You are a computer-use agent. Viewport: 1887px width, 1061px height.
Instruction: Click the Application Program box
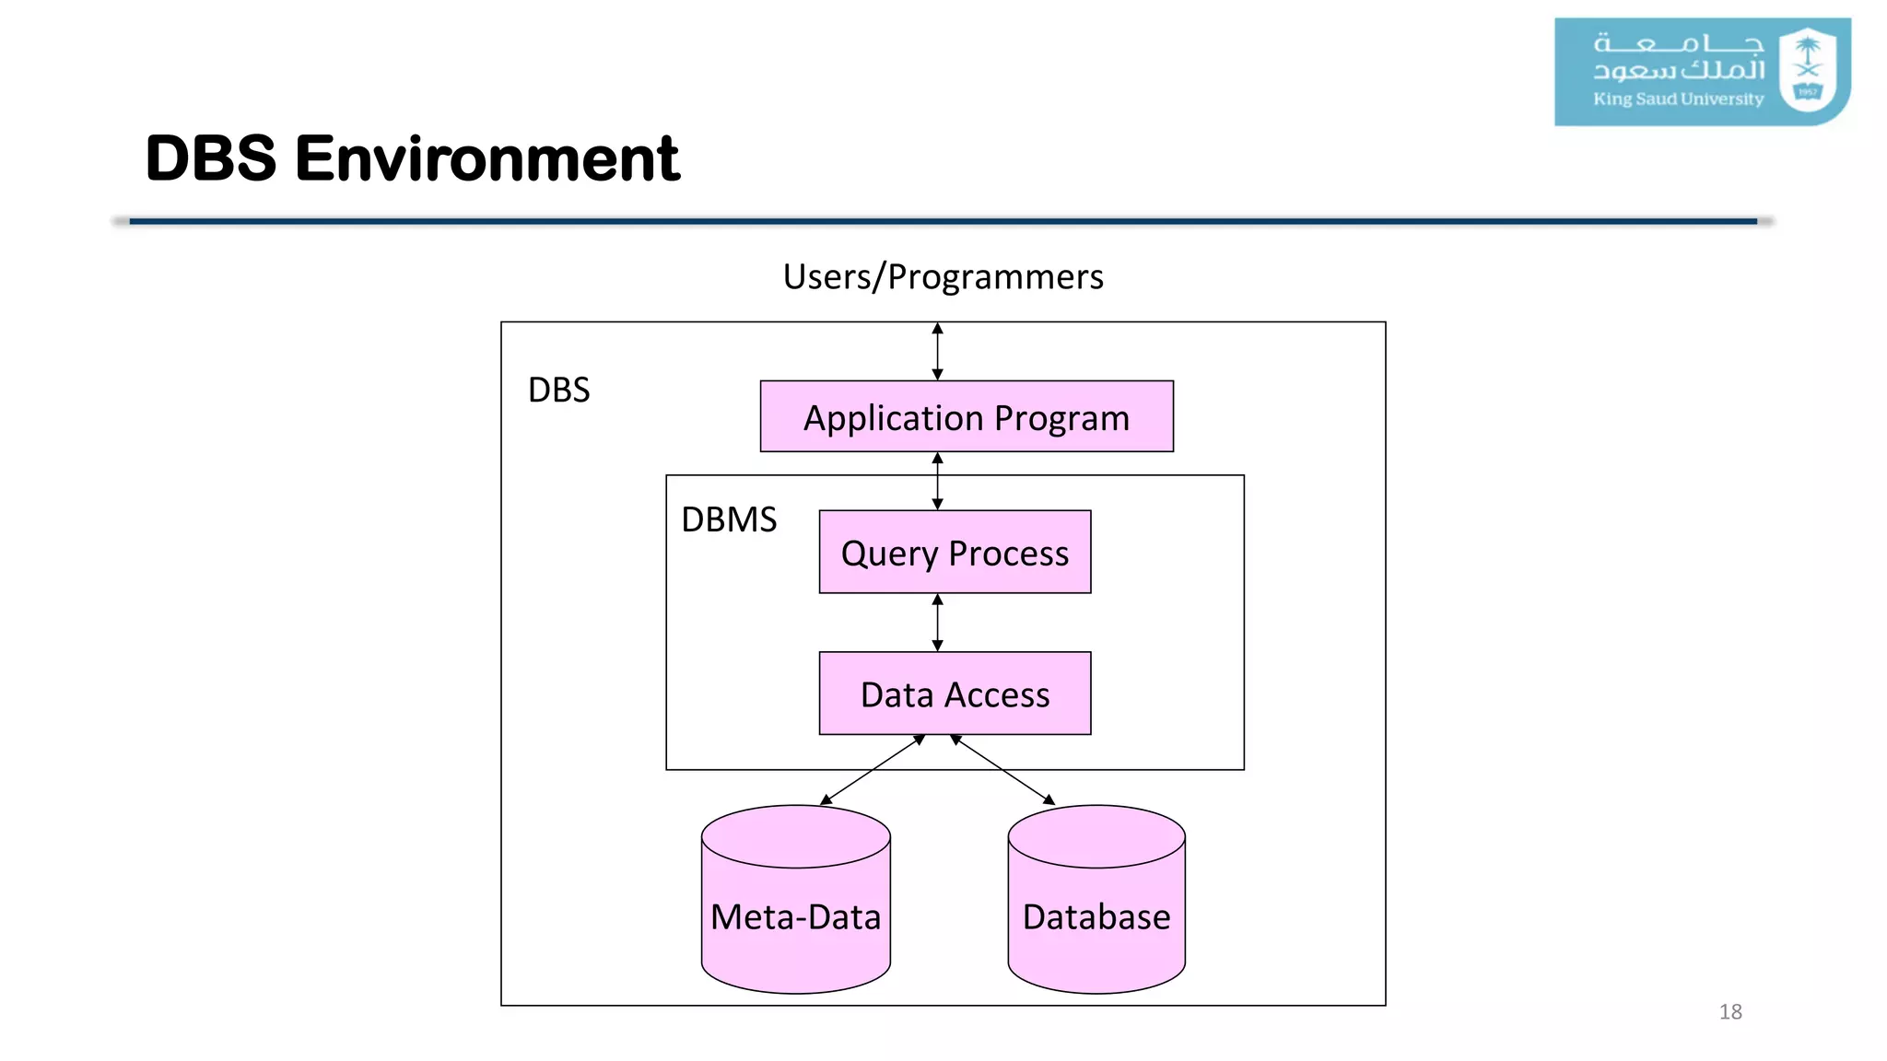(966, 416)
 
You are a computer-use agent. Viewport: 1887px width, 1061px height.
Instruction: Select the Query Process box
(955, 552)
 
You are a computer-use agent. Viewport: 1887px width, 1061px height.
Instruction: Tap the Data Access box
(955, 694)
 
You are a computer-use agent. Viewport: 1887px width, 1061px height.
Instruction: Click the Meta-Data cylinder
(795, 916)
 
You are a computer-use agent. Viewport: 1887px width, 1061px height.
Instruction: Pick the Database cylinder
(1096, 916)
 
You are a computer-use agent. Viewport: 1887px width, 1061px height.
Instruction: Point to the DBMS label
(729, 519)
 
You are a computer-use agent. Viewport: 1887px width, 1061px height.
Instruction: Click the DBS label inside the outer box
(558, 390)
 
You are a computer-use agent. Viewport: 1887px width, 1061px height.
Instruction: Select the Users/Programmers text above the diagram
(943, 276)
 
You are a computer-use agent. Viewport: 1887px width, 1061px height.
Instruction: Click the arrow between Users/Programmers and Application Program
(937, 351)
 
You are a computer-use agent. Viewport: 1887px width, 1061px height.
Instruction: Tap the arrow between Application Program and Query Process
(937, 481)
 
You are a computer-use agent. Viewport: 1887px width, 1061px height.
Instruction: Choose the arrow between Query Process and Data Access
(937, 622)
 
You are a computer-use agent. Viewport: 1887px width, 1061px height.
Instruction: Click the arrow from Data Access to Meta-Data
(872, 770)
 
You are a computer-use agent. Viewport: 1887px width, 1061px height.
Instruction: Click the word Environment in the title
(486, 158)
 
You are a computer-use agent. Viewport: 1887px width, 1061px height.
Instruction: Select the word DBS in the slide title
(211, 158)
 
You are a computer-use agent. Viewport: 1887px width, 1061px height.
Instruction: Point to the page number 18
(1729, 1011)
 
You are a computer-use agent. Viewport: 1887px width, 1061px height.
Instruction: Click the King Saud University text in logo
(1678, 99)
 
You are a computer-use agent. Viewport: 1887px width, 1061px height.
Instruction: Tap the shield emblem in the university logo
(1807, 70)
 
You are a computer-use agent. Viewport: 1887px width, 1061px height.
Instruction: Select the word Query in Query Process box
(888, 554)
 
